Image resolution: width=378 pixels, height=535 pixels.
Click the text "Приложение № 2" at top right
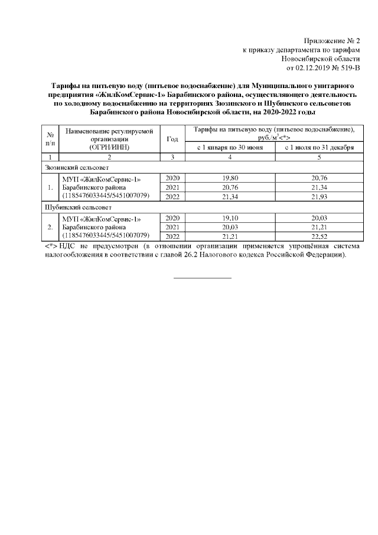point(331,41)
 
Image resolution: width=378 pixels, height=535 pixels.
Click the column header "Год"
point(172,138)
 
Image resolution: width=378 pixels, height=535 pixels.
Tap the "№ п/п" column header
point(50,138)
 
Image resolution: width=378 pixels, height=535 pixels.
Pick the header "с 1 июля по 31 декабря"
point(319,147)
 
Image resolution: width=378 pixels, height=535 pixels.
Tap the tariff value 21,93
point(319,196)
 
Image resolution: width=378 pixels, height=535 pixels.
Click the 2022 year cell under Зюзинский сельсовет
point(172,196)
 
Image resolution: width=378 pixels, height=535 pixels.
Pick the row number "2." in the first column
point(50,226)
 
